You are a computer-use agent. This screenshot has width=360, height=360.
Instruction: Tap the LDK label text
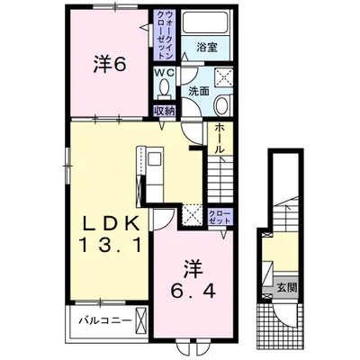pos(111,223)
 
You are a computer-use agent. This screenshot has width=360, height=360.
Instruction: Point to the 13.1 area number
pos(110,245)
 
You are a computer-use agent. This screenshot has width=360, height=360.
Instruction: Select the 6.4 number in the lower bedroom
pos(193,290)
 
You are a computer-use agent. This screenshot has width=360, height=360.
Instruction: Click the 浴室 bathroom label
pos(207,47)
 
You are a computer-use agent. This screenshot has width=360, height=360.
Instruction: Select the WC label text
pos(164,73)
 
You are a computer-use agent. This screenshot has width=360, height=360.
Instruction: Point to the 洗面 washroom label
pos(199,92)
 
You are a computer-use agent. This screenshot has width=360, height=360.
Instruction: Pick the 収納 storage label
pos(164,111)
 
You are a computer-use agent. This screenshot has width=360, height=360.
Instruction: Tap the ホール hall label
pos(220,139)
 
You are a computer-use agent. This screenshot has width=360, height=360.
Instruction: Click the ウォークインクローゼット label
pos(166,34)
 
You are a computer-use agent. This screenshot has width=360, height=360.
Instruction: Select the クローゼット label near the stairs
pos(220,217)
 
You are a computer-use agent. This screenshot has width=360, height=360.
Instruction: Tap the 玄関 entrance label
pos(287,288)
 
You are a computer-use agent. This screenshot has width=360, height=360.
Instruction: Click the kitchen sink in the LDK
pos(155,158)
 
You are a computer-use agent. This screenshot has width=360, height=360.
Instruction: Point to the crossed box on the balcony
pos(140,319)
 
